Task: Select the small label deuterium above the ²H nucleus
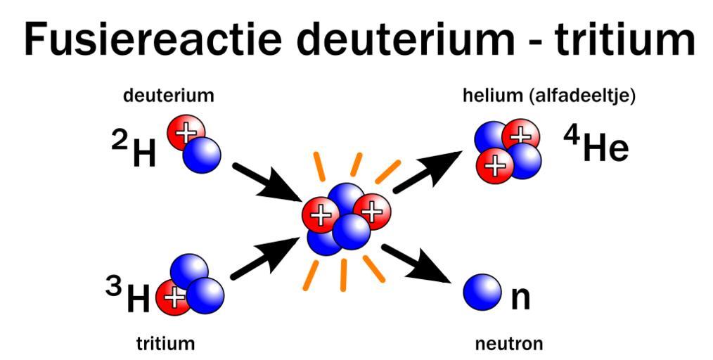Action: [169, 96]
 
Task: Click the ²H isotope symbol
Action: [135, 150]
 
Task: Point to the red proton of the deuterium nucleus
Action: [186, 132]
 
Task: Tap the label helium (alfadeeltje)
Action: [549, 96]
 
